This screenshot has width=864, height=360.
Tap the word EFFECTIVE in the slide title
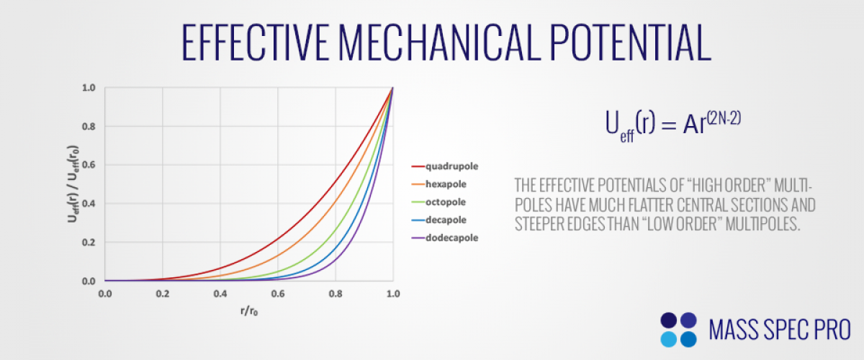click(x=255, y=42)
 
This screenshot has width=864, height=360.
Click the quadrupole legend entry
click(x=445, y=166)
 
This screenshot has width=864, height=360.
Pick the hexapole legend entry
click(x=439, y=184)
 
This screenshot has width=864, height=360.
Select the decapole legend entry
click(x=439, y=220)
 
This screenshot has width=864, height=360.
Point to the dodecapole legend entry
click(x=445, y=238)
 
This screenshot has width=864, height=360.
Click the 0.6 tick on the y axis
click(x=89, y=165)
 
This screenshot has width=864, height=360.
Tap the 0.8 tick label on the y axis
click(x=89, y=127)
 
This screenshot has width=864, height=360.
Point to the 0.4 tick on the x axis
click(x=220, y=294)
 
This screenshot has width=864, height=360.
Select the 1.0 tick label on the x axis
click(x=393, y=294)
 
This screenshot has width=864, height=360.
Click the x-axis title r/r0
click(x=249, y=311)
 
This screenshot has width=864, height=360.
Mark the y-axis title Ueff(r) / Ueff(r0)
click(x=73, y=184)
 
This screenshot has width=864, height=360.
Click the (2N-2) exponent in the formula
click(x=724, y=119)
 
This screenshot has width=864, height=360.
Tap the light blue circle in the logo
click(x=668, y=340)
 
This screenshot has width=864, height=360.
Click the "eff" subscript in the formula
click(x=627, y=137)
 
